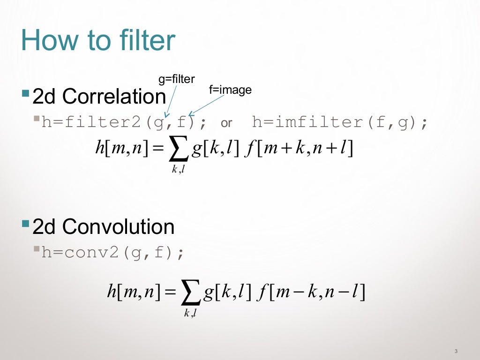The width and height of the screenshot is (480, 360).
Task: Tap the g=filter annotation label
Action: pyautogui.click(x=176, y=79)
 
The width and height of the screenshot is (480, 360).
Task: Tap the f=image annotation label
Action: pyautogui.click(x=230, y=90)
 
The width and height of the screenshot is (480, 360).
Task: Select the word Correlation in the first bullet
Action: pyautogui.click(x=114, y=97)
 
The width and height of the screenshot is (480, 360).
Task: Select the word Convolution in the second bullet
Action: pyautogui.click(x=118, y=227)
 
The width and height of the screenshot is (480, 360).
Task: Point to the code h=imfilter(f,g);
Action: pyautogui.click(x=340, y=123)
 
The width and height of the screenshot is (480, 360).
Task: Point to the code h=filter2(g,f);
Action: pyautogui.click(x=124, y=123)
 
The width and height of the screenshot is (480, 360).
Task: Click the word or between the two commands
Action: pyautogui.click(x=226, y=123)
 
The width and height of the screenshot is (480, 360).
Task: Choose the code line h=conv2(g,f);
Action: pyautogui.click(x=113, y=253)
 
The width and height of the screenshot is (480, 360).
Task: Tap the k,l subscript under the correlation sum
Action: pyautogui.click(x=178, y=170)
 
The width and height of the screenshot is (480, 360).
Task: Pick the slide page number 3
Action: pyautogui.click(x=456, y=352)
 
